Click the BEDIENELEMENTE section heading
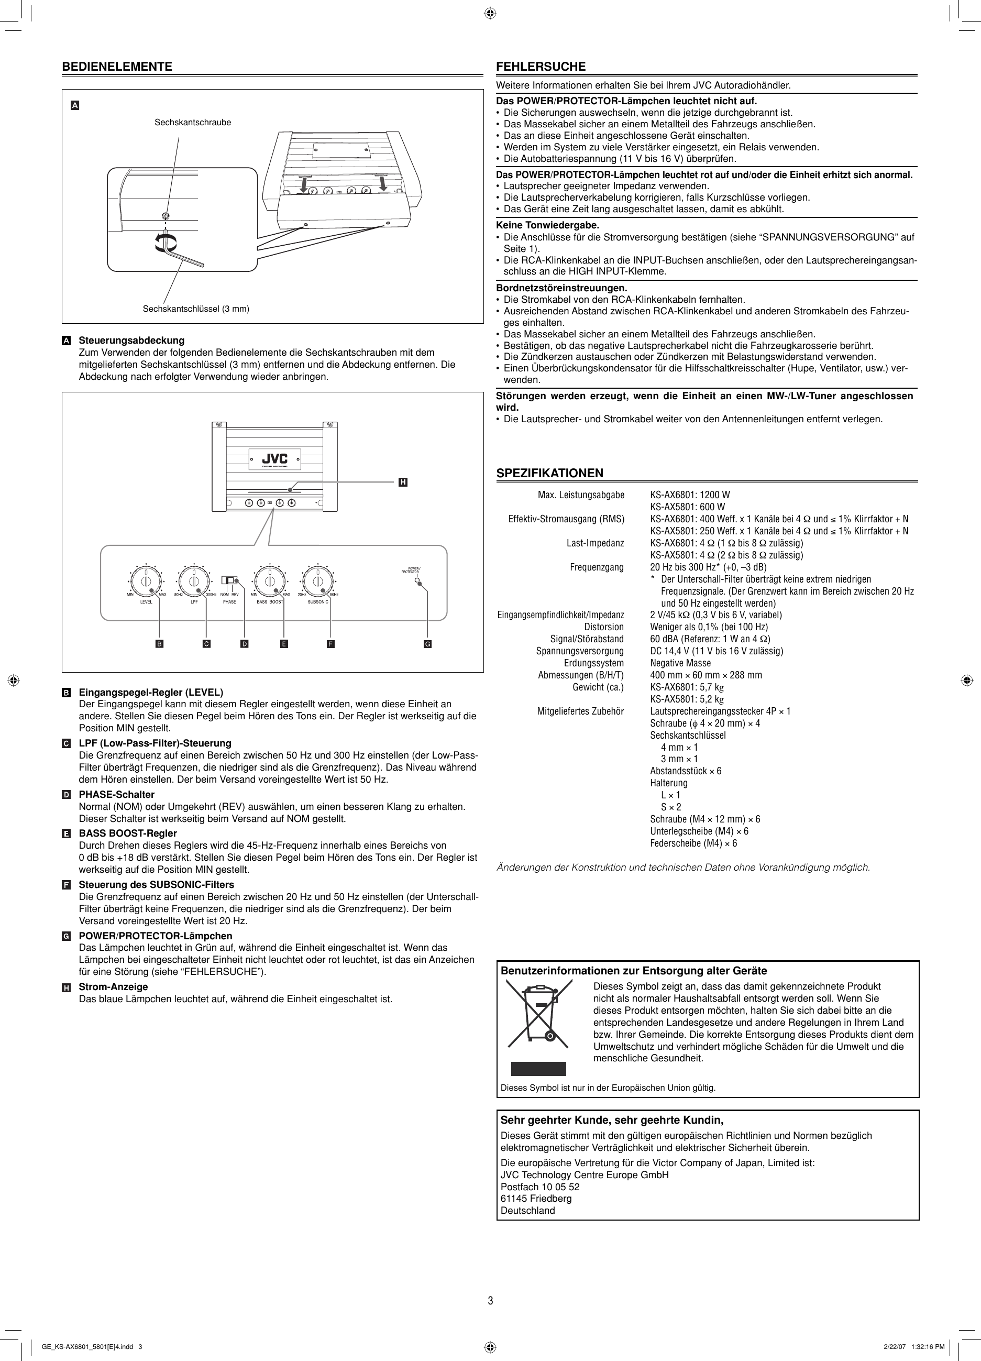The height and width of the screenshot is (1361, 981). (x=117, y=67)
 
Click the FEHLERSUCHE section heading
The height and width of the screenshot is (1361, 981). (x=541, y=67)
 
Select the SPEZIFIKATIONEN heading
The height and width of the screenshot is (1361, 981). (x=549, y=473)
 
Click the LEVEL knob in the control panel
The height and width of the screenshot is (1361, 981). (x=146, y=580)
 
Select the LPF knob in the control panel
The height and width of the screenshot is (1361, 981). (x=194, y=580)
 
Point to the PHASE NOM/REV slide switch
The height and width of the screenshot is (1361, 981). (x=230, y=580)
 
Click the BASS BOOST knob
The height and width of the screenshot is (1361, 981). (x=270, y=580)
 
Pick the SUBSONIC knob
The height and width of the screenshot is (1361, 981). (x=318, y=580)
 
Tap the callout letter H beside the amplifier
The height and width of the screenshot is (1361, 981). (x=403, y=482)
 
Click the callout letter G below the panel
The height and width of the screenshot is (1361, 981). (x=428, y=644)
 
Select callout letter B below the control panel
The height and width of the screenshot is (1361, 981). (x=159, y=644)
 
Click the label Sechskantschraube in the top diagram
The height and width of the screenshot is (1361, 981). (x=193, y=123)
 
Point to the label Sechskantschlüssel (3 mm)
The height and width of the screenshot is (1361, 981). (x=195, y=309)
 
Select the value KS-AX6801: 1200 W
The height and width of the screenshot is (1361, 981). (x=690, y=495)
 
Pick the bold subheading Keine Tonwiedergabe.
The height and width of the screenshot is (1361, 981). (x=548, y=225)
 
